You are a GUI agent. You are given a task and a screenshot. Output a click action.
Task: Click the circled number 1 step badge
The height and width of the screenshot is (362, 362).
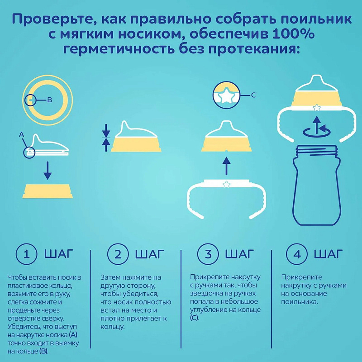[26, 254]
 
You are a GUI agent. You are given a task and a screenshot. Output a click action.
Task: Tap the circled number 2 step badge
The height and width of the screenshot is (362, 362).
[118, 254]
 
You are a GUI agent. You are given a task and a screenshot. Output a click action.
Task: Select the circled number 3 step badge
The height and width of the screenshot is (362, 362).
[208, 254]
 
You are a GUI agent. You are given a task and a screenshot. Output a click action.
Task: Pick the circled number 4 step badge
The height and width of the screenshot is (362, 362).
[297, 254]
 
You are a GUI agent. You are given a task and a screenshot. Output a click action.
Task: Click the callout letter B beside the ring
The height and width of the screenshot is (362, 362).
[49, 100]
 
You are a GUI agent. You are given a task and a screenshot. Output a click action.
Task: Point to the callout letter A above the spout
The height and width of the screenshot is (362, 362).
[21, 134]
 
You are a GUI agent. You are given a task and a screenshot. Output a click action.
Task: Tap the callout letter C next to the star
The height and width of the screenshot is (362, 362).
[253, 95]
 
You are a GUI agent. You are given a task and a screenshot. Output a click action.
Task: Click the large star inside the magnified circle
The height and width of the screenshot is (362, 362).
[226, 96]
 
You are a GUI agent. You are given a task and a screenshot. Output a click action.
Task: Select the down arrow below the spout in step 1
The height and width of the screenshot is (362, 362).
[48, 171]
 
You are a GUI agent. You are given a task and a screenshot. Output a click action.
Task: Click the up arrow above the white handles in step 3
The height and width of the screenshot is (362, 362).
[227, 166]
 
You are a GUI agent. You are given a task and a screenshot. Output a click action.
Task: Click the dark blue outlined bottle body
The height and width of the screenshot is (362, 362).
[316, 185]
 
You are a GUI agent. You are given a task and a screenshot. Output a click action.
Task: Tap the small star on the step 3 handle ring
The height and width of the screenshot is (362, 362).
[227, 184]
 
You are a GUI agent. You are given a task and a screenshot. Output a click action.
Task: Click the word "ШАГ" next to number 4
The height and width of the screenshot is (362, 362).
[328, 254]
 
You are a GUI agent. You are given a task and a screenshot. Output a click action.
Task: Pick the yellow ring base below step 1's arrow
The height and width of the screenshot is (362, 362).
[48, 191]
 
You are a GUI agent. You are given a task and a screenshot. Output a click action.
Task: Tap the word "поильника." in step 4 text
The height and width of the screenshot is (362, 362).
[300, 302]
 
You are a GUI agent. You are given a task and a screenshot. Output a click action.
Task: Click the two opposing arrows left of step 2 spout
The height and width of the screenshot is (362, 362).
[106, 138]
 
